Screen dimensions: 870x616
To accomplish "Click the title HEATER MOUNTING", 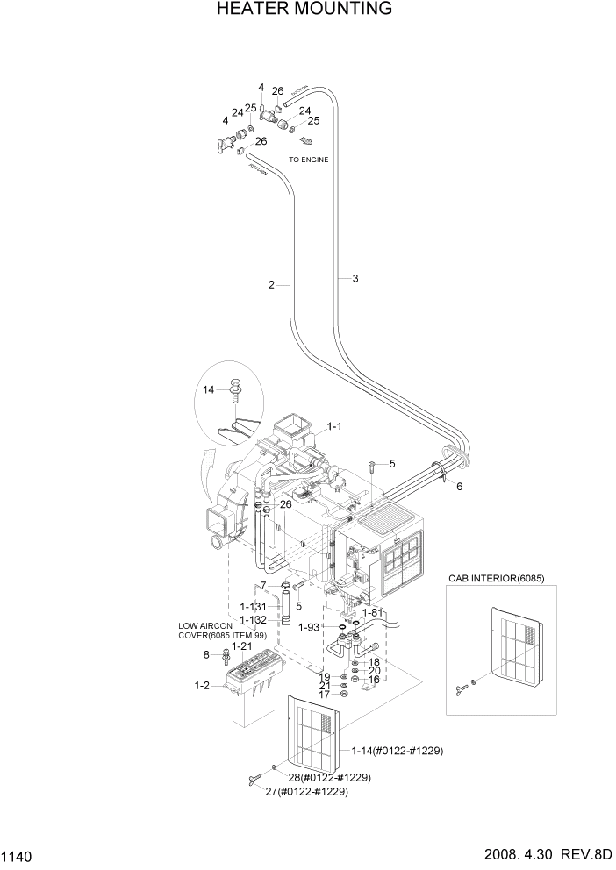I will coord(304,10).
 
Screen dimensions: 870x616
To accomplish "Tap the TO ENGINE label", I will coord(309,160).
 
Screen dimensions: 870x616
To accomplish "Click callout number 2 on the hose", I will coord(272,284).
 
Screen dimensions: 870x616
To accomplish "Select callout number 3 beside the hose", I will coord(355,279).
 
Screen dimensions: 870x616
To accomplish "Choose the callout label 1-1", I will coord(334,427).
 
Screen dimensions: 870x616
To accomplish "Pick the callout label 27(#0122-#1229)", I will coord(307,791).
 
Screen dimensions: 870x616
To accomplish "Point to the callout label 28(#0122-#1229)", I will coord(329,777).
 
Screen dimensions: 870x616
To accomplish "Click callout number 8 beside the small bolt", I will coord(207,654).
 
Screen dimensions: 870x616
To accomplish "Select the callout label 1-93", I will coord(309,627).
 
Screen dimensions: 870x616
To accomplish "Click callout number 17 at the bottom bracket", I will coord(324,695).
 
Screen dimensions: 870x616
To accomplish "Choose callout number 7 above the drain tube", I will coord(262,585).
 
